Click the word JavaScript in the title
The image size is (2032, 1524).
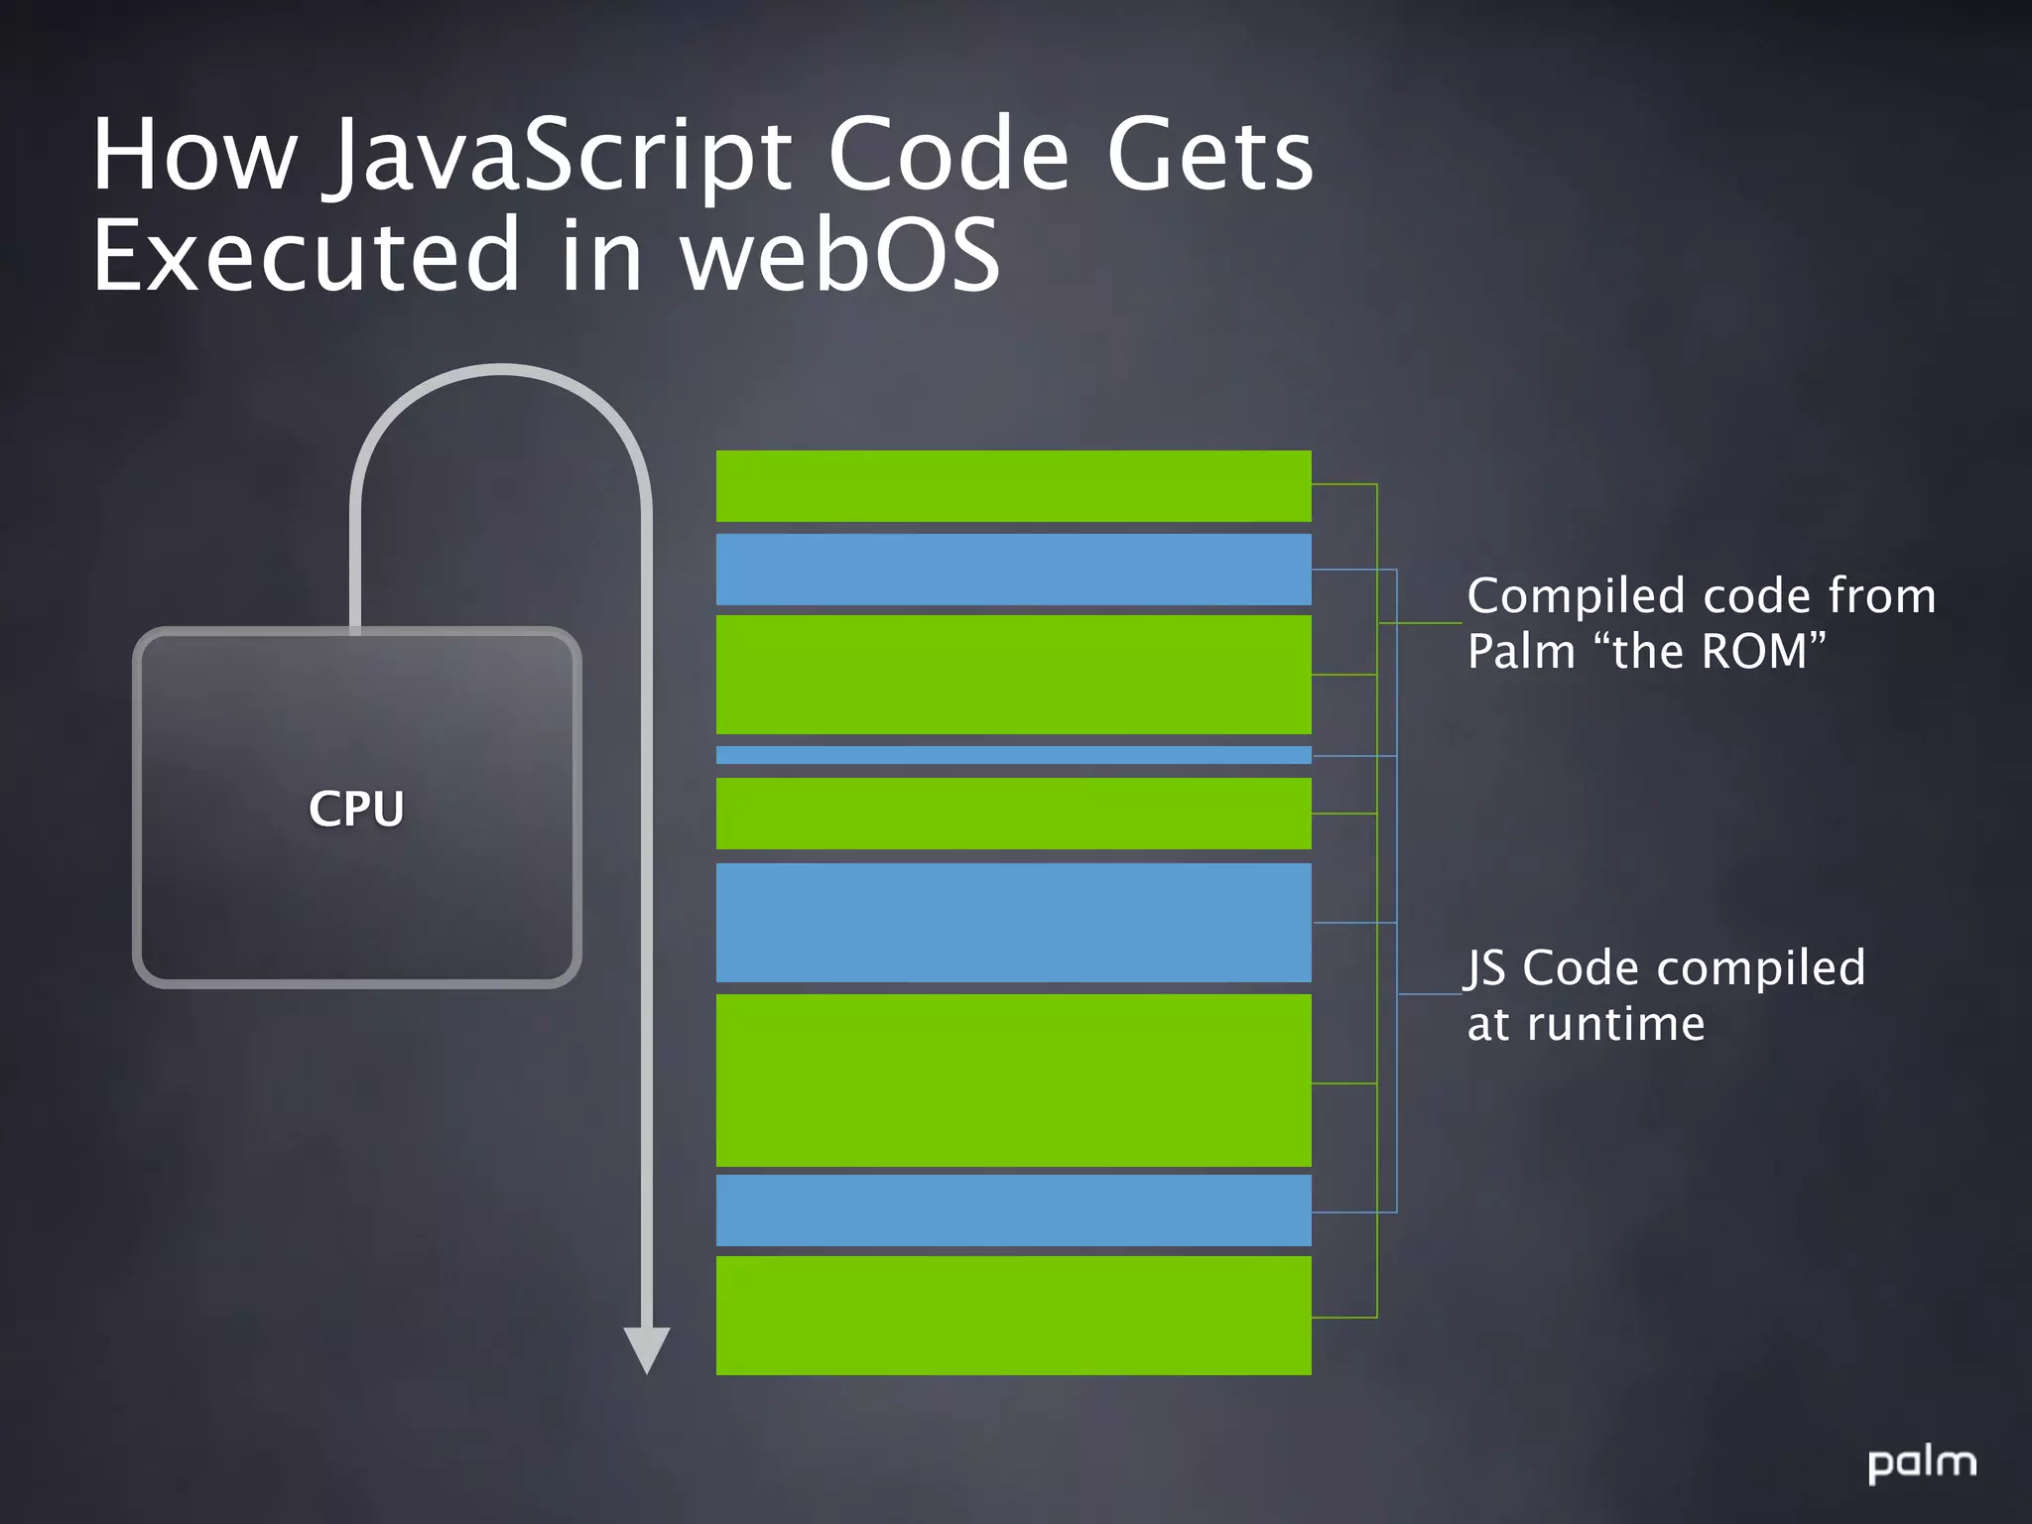click(561, 156)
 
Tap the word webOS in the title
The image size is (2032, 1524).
click(840, 256)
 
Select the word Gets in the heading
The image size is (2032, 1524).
click(1209, 156)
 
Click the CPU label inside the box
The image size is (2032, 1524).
click(356, 809)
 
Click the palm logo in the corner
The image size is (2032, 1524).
click(1922, 1464)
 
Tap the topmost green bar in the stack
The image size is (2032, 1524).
click(1013, 486)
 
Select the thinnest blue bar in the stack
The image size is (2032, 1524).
click(1013, 755)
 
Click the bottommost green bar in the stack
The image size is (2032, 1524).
click(1013, 1315)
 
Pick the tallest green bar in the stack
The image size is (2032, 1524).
click(1013, 1080)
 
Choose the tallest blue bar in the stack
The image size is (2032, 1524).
click(1013, 923)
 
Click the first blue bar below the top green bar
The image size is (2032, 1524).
click(1013, 570)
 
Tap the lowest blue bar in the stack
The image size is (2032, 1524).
click(1013, 1210)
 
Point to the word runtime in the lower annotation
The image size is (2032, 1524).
click(1615, 1024)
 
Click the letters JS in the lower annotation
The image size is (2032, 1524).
click(1486, 968)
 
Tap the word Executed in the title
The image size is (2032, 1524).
click(307, 256)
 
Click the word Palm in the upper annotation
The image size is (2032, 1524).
click(1521, 652)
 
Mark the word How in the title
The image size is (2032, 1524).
click(194, 156)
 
